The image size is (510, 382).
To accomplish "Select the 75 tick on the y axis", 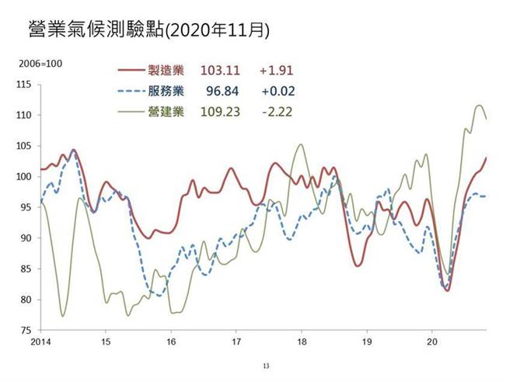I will (26, 330).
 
